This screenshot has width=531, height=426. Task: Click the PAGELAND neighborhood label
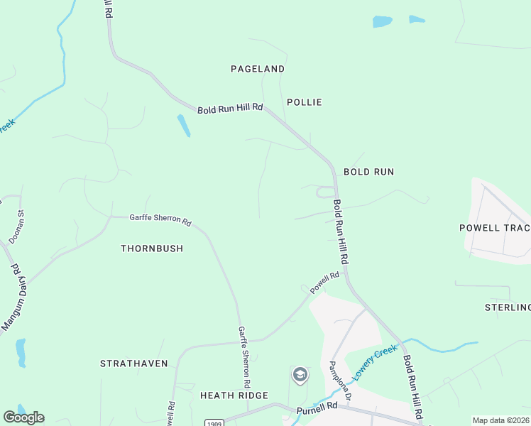coord(258,69)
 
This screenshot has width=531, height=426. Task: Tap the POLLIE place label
coord(305,102)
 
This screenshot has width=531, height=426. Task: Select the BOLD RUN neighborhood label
coord(368,172)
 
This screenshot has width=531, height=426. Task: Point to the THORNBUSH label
coord(152,248)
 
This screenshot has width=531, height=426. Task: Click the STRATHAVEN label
coord(134,364)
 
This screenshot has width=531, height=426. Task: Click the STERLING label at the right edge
coord(507,307)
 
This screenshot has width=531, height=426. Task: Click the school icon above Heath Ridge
coord(300,374)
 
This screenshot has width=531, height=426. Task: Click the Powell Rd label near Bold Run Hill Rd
coord(324,280)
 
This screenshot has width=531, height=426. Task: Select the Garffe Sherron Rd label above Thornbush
coord(160,220)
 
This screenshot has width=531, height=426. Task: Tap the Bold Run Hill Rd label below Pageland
coord(230,109)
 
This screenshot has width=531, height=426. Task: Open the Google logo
coord(23,417)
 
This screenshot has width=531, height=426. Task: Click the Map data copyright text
coord(501,420)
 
